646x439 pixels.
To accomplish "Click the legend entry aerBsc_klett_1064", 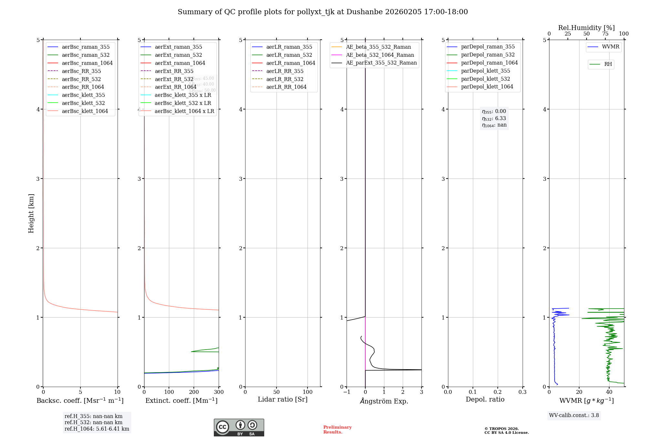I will [x=85, y=111].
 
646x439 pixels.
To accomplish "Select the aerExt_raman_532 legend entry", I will [x=178, y=55].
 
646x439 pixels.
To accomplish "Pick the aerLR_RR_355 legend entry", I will [x=285, y=71].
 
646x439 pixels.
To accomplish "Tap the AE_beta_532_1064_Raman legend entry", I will [x=380, y=55].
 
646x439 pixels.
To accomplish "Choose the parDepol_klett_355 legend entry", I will [x=485, y=71].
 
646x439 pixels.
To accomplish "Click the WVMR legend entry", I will [x=610, y=47].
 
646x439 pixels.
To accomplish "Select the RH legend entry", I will [x=608, y=64].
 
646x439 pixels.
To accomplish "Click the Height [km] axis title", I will [x=31, y=213].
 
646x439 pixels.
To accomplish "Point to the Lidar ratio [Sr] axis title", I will [x=283, y=399].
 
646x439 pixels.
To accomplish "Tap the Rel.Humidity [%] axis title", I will [x=586, y=28].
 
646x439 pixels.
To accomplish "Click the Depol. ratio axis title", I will [x=485, y=399].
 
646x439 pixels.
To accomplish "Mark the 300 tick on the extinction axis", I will [x=219, y=392].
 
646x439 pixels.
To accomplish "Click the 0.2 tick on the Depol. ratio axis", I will [x=498, y=392].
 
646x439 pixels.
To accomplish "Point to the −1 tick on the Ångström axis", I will [x=347, y=392].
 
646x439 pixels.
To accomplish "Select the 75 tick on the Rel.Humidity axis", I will [x=605, y=34].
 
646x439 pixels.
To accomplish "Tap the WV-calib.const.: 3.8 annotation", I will [x=574, y=415].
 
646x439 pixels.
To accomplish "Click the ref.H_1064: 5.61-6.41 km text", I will [x=97, y=429].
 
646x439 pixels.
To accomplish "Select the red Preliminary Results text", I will [x=337, y=430].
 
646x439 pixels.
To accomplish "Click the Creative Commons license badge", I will [x=239, y=427].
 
